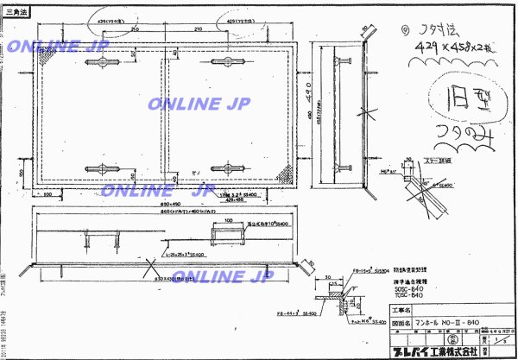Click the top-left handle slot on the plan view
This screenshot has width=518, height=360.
tap(95, 63)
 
